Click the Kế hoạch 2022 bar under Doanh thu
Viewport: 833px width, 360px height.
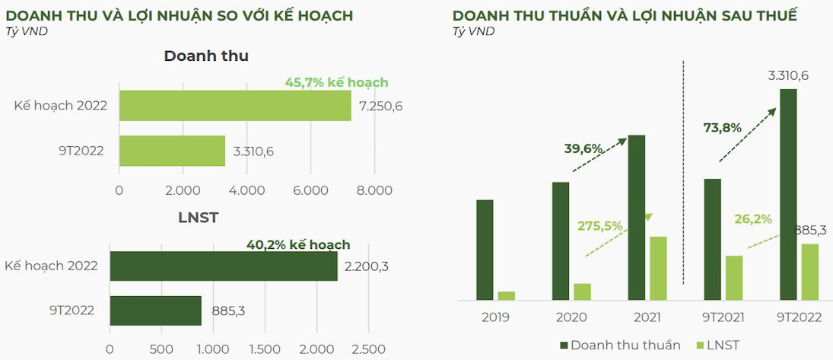[234, 106]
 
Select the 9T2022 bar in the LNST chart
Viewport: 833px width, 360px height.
[155, 311]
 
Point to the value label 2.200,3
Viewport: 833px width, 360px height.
[367, 266]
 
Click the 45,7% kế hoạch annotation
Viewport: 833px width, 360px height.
[336, 82]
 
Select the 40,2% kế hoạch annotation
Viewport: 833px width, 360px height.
[298, 244]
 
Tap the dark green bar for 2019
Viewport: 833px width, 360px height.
[485, 250]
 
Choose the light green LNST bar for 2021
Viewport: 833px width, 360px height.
[658, 268]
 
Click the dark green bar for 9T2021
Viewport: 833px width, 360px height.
[712, 239]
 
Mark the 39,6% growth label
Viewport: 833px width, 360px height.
[583, 148]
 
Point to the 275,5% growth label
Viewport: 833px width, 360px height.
[600, 225]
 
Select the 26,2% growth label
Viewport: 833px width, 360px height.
[753, 219]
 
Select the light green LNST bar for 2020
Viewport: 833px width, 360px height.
[582, 292]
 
